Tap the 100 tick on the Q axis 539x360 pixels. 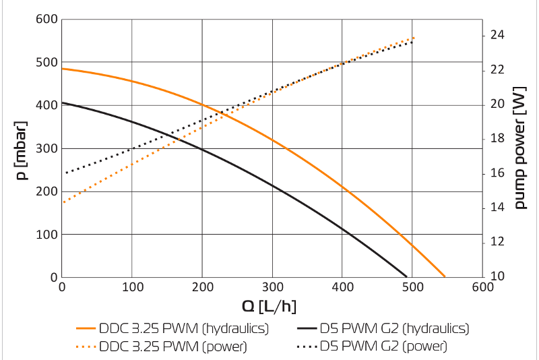pyautogui.click(x=132, y=287)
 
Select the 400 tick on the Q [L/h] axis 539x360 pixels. pyautogui.click(x=342, y=287)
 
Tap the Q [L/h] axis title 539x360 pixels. pyautogui.click(x=268, y=307)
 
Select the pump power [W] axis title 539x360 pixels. pyautogui.click(x=519, y=147)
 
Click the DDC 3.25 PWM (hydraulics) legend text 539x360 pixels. pyautogui.click(x=184, y=329)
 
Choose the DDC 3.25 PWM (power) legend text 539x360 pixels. pyautogui.click(x=172, y=347)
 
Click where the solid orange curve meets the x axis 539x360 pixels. pyautogui.click(x=445, y=276)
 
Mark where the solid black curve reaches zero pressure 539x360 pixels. pyautogui.click(x=406, y=276)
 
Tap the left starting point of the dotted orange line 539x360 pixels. pyautogui.click(x=63, y=202)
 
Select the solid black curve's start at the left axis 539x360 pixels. pyautogui.click(x=62, y=102)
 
